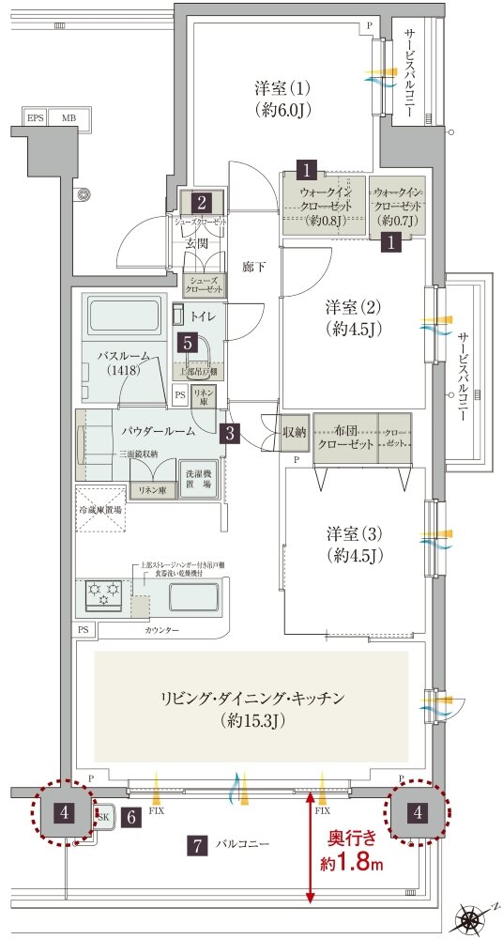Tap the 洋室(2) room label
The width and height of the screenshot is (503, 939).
click(x=352, y=318)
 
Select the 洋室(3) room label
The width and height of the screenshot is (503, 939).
click(x=352, y=544)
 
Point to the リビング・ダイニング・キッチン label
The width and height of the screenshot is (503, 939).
click(x=251, y=710)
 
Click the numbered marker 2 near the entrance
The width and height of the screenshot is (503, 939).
click(x=201, y=201)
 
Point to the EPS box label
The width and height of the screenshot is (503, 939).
click(x=36, y=118)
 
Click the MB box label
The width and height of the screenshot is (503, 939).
click(x=69, y=118)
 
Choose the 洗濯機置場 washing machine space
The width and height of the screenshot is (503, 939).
click(x=198, y=477)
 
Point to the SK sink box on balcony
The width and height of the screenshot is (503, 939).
click(x=103, y=817)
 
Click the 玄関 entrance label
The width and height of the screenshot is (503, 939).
click(x=197, y=244)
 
